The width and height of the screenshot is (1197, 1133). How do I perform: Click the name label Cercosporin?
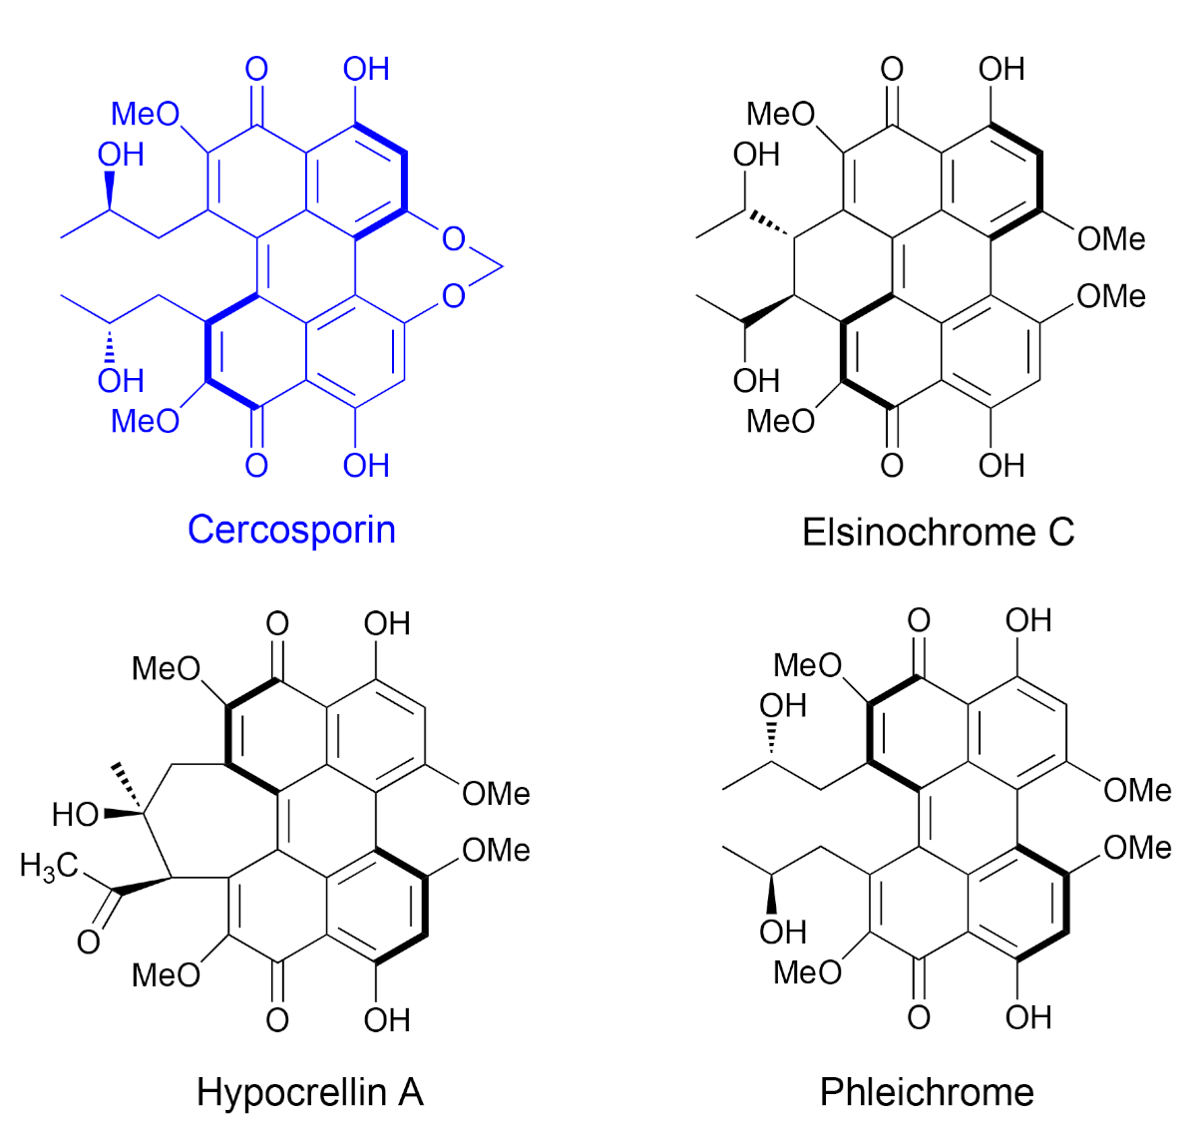(x=291, y=529)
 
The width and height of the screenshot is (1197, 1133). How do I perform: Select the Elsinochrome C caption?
(x=938, y=532)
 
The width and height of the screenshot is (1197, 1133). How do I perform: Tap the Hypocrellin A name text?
(x=310, y=1091)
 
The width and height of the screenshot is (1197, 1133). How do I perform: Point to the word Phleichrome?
(x=927, y=1091)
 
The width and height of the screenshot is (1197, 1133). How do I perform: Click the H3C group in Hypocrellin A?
(x=48, y=865)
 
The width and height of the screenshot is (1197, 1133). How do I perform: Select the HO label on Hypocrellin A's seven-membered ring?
(x=76, y=815)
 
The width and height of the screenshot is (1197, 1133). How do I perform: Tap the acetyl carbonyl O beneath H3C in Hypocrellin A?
(x=89, y=941)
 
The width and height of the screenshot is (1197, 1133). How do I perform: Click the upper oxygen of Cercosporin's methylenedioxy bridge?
(x=454, y=238)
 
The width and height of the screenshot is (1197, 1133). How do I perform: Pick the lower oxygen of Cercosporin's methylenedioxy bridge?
(x=454, y=296)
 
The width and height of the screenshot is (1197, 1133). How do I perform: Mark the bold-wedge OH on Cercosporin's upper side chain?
(x=121, y=155)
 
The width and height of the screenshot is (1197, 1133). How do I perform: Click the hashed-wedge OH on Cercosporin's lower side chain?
(x=121, y=380)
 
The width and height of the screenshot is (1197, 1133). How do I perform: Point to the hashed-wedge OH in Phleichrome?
(x=783, y=705)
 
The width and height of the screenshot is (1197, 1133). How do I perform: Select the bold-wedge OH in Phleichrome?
(x=783, y=932)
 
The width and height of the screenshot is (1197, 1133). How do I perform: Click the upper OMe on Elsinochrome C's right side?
(x=1111, y=238)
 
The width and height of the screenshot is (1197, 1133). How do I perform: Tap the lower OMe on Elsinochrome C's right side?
(x=1111, y=296)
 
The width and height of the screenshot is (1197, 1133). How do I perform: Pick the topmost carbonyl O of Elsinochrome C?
(x=892, y=69)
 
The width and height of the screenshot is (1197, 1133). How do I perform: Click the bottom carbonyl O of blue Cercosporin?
(x=256, y=465)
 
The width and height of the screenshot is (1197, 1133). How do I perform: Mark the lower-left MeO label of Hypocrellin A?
(x=167, y=974)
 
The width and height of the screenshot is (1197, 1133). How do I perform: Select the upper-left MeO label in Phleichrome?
(x=808, y=664)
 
